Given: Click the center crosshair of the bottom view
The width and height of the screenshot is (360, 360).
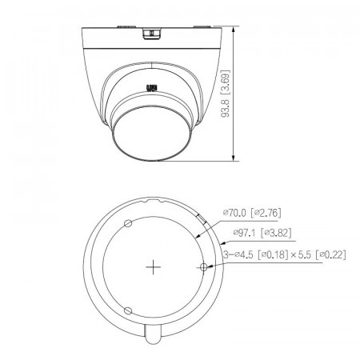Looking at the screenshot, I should [152, 267].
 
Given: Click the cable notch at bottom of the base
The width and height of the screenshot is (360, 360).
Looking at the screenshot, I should [152, 336].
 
